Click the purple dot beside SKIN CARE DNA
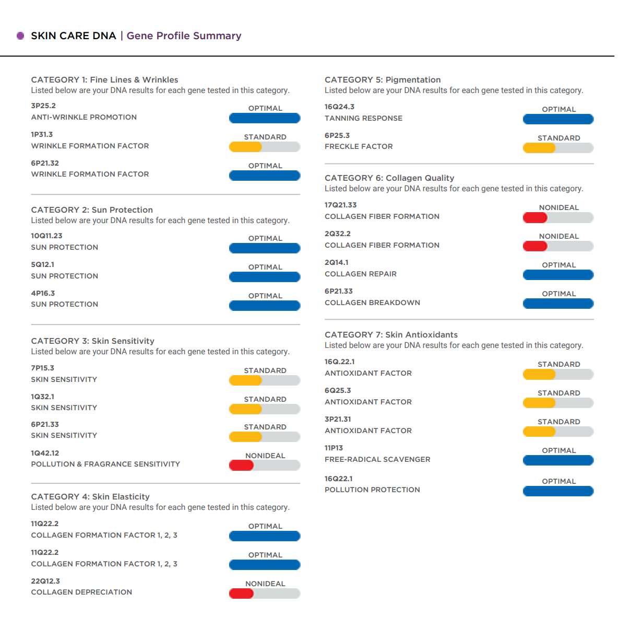click(x=20, y=36)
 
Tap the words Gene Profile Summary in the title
click(x=184, y=36)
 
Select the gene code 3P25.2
click(x=43, y=106)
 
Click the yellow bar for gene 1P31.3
click(x=245, y=147)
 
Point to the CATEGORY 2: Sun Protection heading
click(x=92, y=210)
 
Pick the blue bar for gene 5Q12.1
click(x=265, y=277)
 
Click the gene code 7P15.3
click(x=42, y=368)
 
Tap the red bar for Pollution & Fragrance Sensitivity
click(x=241, y=465)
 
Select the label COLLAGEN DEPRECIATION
click(x=81, y=592)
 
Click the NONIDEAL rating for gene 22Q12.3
click(x=265, y=584)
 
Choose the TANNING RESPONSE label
click(x=363, y=118)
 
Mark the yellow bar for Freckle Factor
click(x=539, y=148)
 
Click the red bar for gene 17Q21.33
click(x=535, y=217)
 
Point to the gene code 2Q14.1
click(x=337, y=262)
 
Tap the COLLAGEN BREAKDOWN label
click(x=372, y=303)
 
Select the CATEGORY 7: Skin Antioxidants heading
click(x=391, y=334)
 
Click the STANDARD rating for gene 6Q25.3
click(x=558, y=393)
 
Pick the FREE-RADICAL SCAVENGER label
click(x=377, y=459)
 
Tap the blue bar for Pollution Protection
click(x=558, y=491)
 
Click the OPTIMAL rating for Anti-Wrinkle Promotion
click(x=265, y=108)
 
